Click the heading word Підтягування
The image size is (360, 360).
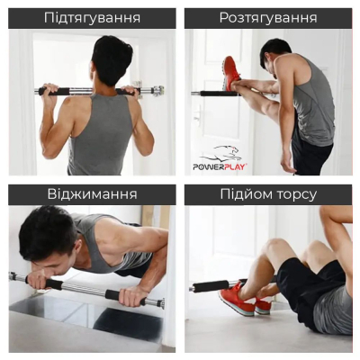(x=92, y=17)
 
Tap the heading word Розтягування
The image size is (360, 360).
(x=268, y=17)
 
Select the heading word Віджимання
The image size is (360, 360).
(x=92, y=194)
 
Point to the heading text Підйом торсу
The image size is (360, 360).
(x=268, y=194)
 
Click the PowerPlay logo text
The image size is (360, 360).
(x=221, y=166)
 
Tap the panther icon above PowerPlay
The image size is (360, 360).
(x=220, y=153)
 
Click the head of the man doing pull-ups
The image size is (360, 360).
(x=111, y=58)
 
